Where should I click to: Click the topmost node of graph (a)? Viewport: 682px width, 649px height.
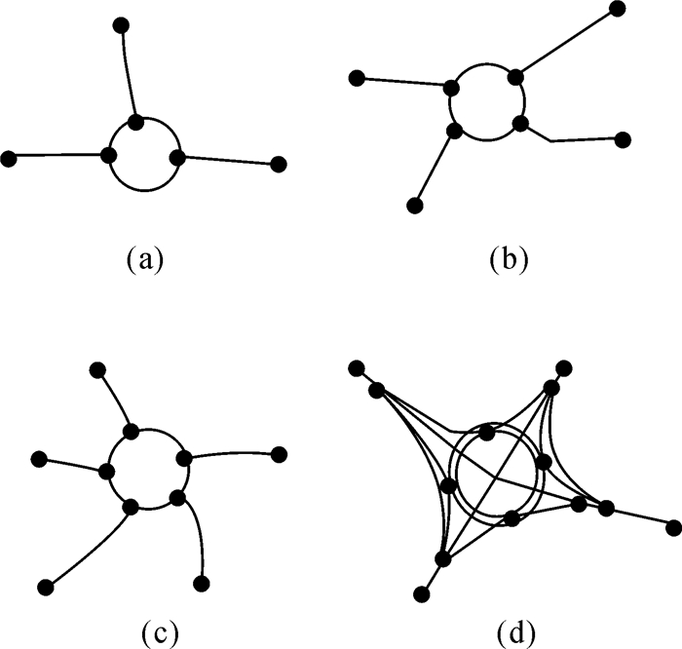tap(120, 24)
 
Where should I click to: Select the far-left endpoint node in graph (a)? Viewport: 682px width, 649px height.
tap(10, 157)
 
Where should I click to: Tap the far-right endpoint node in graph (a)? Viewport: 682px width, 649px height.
tap(279, 164)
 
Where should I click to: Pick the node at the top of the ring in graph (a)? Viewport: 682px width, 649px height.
tap(136, 122)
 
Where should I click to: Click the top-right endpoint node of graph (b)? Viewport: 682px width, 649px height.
tap(617, 9)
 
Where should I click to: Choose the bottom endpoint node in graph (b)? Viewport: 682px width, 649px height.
tap(415, 205)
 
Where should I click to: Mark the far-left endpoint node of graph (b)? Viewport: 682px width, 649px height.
tap(357, 78)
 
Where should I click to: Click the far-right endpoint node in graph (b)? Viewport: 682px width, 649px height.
tap(623, 139)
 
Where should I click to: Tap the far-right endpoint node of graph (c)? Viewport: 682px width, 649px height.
tap(280, 452)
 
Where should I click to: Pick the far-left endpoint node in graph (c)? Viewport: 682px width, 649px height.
tap(40, 458)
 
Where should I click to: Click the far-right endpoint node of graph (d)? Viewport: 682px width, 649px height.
tap(673, 527)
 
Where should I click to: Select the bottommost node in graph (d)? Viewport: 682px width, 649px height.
tap(422, 592)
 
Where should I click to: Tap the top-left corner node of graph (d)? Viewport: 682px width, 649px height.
tap(357, 368)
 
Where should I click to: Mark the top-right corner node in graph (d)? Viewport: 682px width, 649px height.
tap(562, 368)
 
